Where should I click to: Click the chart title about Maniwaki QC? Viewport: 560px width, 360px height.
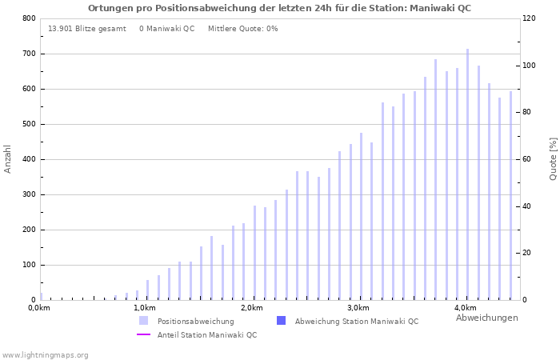(x=279, y=8)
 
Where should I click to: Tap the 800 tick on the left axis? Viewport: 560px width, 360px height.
(x=29, y=18)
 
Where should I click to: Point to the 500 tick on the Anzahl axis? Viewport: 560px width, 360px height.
(x=29, y=124)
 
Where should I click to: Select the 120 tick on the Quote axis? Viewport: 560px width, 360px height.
(x=529, y=18)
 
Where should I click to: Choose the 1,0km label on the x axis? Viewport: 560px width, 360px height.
(x=145, y=308)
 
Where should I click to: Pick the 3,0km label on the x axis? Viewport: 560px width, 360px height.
(x=358, y=308)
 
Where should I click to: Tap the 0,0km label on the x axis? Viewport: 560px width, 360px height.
(x=39, y=308)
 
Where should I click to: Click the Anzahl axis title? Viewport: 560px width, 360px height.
(x=8, y=158)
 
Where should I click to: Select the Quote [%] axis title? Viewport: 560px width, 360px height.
(x=553, y=158)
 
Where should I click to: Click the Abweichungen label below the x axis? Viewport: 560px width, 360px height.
(x=486, y=318)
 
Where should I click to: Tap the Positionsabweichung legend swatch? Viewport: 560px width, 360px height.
(x=144, y=321)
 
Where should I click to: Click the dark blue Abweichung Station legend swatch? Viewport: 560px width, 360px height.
(x=281, y=321)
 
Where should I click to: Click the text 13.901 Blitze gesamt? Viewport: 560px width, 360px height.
(x=87, y=29)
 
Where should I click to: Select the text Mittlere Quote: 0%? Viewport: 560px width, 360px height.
(x=242, y=29)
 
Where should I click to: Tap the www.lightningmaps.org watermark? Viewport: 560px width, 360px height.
(x=45, y=355)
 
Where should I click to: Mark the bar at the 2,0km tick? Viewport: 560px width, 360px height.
(x=255, y=253)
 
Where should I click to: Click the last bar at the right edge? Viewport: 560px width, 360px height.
(x=510, y=195)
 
